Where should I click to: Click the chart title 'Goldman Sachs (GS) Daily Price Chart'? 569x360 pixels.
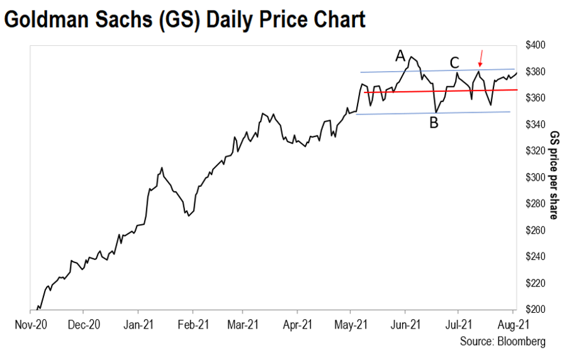point(184,20)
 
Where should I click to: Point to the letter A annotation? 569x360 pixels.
point(400,56)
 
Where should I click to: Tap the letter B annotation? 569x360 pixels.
point(434,123)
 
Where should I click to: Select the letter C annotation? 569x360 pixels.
point(454,63)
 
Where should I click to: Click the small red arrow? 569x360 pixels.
point(481,59)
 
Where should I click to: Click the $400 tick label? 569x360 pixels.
point(535,45)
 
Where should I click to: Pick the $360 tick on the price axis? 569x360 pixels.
point(535,98)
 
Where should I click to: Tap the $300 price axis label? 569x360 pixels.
point(535,177)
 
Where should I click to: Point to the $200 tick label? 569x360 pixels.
point(535,309)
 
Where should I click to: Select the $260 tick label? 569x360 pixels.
point(535,230)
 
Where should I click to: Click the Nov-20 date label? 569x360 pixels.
point(31,324)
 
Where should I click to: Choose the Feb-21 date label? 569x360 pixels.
point(193,324)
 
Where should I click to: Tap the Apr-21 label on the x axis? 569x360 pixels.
point(297,324)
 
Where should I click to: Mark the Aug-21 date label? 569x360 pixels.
point(513,324)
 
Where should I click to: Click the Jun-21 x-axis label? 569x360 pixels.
point(405,324)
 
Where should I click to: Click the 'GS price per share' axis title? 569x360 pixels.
point(554,175)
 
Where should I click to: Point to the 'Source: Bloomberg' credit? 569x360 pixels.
point(502,342)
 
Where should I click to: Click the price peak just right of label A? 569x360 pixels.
point(411,57)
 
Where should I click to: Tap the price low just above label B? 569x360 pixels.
point(436,112)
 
